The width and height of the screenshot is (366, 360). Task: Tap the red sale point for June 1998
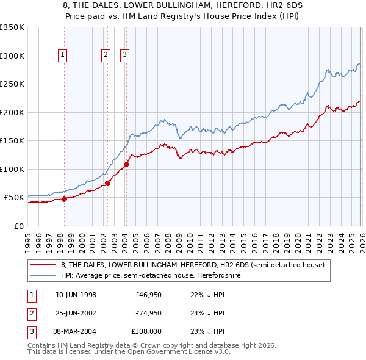[64, 199]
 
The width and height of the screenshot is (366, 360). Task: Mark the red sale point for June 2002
[107, 183]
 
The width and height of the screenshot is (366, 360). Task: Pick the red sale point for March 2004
[126, 164]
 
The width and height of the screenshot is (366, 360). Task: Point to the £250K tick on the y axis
[12, 84]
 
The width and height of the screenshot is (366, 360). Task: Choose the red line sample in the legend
[43, 265]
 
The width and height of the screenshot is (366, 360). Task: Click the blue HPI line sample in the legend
[43, 276]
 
